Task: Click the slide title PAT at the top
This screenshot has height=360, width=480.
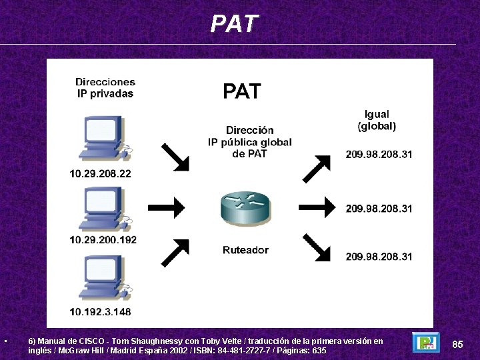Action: click(x=233, y=24)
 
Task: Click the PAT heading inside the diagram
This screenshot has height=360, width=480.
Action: click(x=241, y=91)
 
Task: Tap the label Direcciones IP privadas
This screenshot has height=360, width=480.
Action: click(x=105, y=88)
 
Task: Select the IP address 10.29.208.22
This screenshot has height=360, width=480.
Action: click(x=101, y=174)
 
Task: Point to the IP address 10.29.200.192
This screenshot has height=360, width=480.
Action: click(x=103, y=239)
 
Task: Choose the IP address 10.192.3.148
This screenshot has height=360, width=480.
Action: click(x=101, y=311)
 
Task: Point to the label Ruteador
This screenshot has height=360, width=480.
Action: click(x=245, y=250)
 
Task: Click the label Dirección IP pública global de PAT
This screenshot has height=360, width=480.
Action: click(x=249, y=142)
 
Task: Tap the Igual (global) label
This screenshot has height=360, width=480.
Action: click(x=377, y=120)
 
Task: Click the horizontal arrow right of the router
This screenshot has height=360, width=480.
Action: click(x=317, y=207)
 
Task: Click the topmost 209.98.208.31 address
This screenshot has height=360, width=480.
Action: click(x=379, y=155)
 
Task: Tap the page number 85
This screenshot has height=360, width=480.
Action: click(x=457, y=344)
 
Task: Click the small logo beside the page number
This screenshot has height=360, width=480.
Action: click(x=426, y=343)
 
